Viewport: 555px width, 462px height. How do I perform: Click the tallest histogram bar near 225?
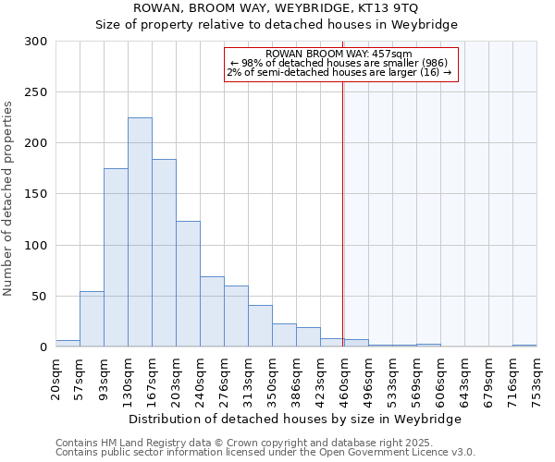tap(140, 232)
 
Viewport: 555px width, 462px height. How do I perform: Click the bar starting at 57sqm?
tap(92, 319)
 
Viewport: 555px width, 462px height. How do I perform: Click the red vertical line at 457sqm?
tap(343, 213)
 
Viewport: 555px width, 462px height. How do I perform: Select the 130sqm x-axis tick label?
tap(128, 377)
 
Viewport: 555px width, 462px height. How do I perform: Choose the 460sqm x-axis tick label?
tap(344, 377)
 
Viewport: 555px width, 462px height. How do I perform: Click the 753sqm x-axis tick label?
tap(536, 377)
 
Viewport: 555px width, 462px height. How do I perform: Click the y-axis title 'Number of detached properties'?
tap(9, 199)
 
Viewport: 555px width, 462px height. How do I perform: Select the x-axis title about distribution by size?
tap(295, 419)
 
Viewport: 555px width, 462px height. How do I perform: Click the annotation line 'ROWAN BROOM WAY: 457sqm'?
tap(339, 55)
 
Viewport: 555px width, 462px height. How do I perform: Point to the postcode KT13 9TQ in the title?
tap(387, 7)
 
